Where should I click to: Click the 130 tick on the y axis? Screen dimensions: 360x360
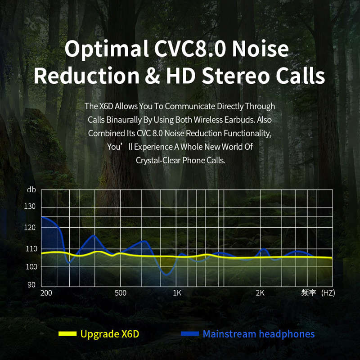[30, 207]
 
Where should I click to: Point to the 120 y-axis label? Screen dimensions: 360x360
[30, 228]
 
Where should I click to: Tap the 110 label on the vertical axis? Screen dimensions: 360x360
[31, 249]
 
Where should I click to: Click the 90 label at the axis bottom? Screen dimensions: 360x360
[31, 285]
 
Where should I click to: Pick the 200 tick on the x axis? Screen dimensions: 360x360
[46, 293]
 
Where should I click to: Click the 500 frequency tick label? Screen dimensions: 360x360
[121, 293]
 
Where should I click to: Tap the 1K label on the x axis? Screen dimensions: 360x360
[177, 293]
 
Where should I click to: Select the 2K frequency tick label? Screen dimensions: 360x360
[260, 293]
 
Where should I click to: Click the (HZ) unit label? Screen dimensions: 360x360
[328, 293]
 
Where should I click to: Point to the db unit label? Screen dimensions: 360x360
[31, 189]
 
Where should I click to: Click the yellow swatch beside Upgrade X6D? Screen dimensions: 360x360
[67, 333]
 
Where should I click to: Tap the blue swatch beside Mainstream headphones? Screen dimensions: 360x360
[190, 333]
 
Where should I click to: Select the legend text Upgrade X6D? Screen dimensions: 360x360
[110, 334]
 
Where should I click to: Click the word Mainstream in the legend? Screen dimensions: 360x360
[229, 334]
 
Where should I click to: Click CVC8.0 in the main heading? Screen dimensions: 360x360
[190, 49]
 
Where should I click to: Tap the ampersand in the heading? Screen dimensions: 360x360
[153, 76]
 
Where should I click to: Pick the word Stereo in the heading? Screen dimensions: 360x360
[235, 76]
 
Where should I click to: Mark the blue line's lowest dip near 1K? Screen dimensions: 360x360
[166, 274]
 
